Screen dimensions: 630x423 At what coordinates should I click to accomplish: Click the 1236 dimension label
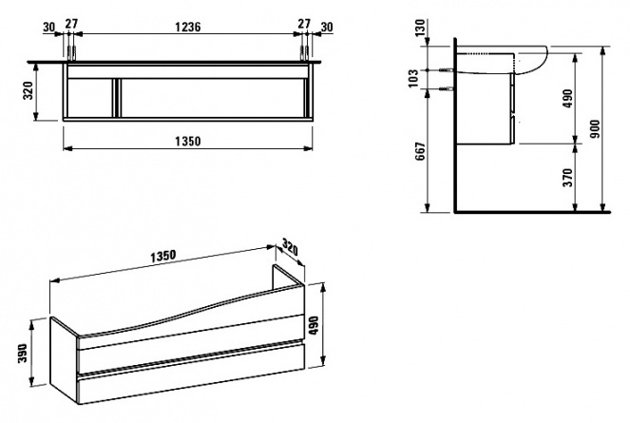187,27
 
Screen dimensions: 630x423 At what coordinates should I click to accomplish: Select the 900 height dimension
596,128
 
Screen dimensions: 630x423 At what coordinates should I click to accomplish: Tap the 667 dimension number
421,151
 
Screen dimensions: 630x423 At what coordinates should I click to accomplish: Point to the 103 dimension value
413,78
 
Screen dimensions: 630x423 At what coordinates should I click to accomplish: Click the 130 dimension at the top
421,28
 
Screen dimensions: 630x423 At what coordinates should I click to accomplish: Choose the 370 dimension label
567,178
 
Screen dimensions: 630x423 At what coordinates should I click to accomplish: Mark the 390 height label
23,353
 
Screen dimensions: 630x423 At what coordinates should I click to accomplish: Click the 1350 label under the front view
187,142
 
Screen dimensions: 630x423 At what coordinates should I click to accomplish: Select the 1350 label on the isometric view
163,256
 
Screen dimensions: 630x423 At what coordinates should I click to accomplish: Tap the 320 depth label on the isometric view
290,247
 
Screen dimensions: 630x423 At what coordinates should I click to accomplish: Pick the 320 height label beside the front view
29,91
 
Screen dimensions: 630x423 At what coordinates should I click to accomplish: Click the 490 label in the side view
567,99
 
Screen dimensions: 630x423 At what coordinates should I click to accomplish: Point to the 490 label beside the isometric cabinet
314,325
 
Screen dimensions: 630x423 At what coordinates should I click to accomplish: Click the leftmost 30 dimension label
48,28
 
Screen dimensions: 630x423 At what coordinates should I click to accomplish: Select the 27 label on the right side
304,24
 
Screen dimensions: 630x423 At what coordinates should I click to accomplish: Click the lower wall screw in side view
448,88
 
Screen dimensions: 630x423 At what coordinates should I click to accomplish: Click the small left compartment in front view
88,98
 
